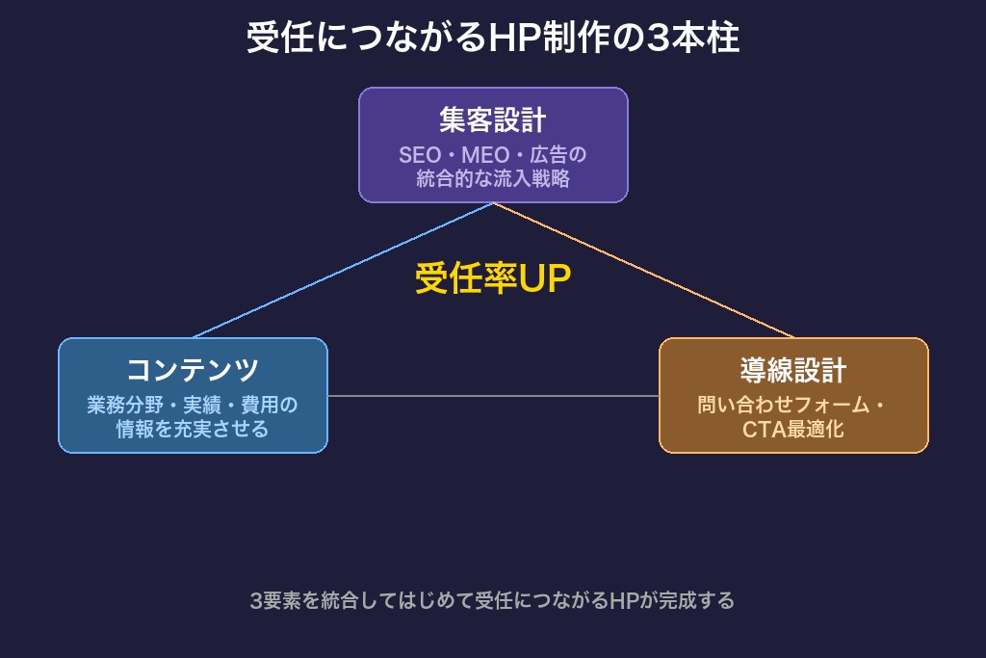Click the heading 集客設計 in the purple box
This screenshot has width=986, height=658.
click(x=493, y=120)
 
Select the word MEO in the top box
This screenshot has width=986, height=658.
click(x=485, y=155)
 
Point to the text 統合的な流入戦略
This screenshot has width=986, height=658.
click(x=493, y=178)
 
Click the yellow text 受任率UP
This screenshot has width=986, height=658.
click(x=493, y=278)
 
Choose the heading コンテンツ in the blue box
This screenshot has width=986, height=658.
click(x=193, y=370)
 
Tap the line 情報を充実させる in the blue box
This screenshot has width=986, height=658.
click(x=193, y=429)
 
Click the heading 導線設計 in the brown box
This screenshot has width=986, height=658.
click(x=793, y=370)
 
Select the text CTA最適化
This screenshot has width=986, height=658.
click(x=793, y=430)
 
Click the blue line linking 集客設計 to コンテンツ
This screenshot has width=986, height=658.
click(x=343, y=271)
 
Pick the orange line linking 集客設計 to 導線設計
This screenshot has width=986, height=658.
click(x=643, y=271)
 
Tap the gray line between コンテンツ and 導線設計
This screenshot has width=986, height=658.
click(x=493, y=396)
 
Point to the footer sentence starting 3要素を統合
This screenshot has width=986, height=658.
click(x=493, y=601)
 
